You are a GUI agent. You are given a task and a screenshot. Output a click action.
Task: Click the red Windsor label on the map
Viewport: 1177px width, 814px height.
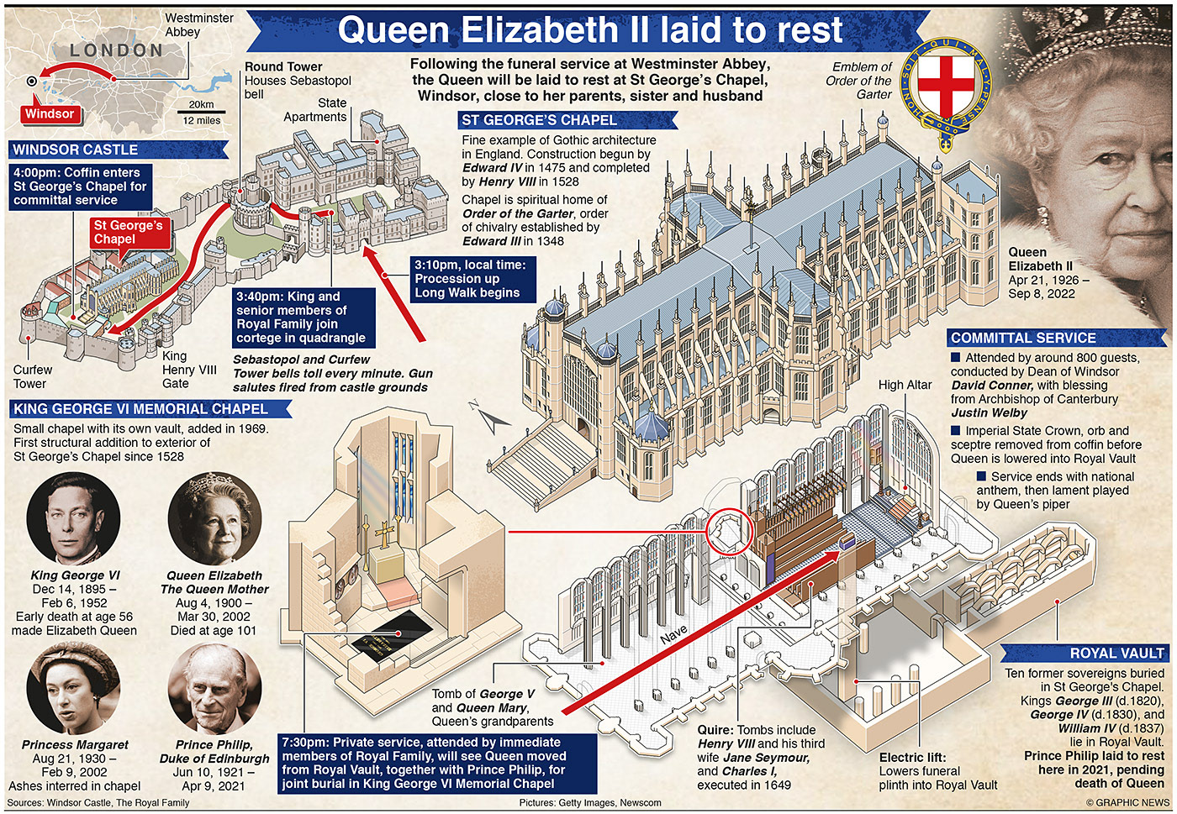[50, 114]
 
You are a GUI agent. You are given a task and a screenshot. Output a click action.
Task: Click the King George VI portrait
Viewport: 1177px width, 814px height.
[73, 518]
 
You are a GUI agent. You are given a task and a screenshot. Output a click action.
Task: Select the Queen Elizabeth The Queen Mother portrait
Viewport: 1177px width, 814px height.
[214, 518]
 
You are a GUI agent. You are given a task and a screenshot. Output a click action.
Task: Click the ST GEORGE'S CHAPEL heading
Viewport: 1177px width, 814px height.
[539, 120]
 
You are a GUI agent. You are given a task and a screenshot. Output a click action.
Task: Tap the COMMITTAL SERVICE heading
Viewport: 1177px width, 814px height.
[1023, 338]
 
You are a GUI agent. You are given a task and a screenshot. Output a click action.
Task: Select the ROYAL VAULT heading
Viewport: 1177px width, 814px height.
[1116, 653]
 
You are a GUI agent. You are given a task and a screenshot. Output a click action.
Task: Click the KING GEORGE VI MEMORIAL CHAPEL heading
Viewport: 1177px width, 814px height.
[140, 409]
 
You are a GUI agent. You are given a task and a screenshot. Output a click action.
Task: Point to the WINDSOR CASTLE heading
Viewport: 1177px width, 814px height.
[76, 150]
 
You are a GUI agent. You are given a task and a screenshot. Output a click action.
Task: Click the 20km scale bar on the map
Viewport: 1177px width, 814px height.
[201, 111]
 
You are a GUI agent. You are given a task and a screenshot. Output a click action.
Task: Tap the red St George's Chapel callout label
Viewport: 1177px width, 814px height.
[128, 232]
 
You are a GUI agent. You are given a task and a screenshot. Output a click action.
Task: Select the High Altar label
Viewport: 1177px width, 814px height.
[905, 385]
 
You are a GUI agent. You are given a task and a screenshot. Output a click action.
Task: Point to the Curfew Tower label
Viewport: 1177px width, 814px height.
[32, 376]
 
